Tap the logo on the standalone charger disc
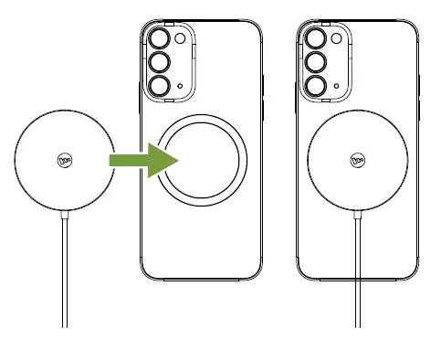tap(65, 161)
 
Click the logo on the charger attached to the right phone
tap(357, 161)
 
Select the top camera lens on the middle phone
tap(161, 39)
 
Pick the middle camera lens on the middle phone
tap(161, 63)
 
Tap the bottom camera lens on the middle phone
tap(161, 86)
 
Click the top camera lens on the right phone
tap(317, 39)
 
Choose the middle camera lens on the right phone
tap(317, 63)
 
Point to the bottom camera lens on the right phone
tap(317, 86)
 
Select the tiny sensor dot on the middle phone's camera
tap(182, 87)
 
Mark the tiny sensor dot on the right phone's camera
tap(338, 87)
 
